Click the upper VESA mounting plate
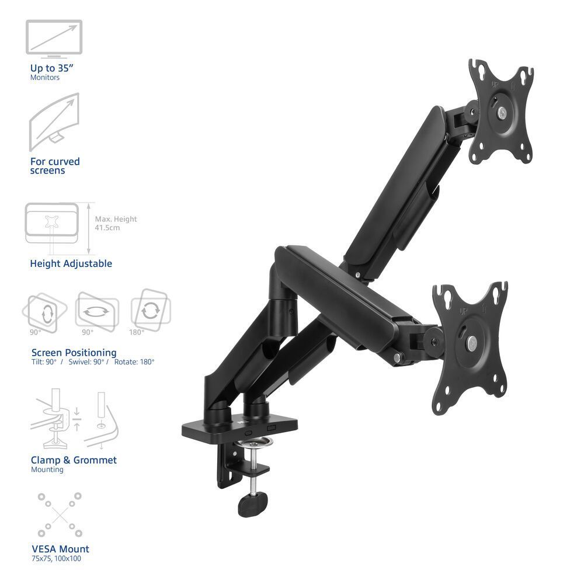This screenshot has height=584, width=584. click(501, 111)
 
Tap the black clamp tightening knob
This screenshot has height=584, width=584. click(253, 502)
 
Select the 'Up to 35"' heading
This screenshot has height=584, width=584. click(52, 68)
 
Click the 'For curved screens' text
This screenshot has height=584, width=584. click(55, 166)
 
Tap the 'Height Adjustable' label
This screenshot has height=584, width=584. click(71, 263)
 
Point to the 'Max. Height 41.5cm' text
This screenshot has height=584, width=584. click(116, 223)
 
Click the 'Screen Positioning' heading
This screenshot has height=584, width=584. click(74, 353)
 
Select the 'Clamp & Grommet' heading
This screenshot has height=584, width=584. click(74, 460)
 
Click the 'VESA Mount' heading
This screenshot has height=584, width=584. click(60, 549)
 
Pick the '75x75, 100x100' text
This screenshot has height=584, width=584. click(56, 559)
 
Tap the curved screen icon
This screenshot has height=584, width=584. click(54, 121)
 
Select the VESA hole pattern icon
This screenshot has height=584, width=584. click(60, 515)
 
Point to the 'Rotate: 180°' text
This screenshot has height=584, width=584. click(134, 362)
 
